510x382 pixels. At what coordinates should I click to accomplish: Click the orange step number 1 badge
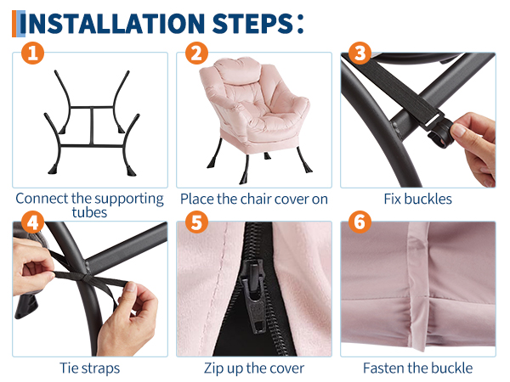[x=32, y=53]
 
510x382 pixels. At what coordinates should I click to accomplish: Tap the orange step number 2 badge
[x=197, y=53]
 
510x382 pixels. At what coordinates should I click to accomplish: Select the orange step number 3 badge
[x=360, y=53]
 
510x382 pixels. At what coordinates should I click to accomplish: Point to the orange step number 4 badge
[x=32, y=222]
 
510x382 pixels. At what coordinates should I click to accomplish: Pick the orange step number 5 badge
[x=197, y=222]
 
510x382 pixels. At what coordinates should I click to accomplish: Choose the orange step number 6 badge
[x=360, y=222]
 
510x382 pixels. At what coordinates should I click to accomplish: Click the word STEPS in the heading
[x=252, y=24]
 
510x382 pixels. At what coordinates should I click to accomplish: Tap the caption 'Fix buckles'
[x=418, y=199]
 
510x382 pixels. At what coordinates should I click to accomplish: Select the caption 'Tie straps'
[x=90, y=368]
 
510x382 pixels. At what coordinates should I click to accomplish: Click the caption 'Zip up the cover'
[x=254, y=368]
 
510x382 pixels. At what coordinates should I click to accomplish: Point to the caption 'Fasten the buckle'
[x=418, y=368]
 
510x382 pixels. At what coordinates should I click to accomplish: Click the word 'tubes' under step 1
[x=89, y=213]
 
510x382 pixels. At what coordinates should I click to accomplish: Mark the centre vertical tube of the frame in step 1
[x=92, y=126]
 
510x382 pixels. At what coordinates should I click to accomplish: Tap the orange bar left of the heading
[x=14, y=24]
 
